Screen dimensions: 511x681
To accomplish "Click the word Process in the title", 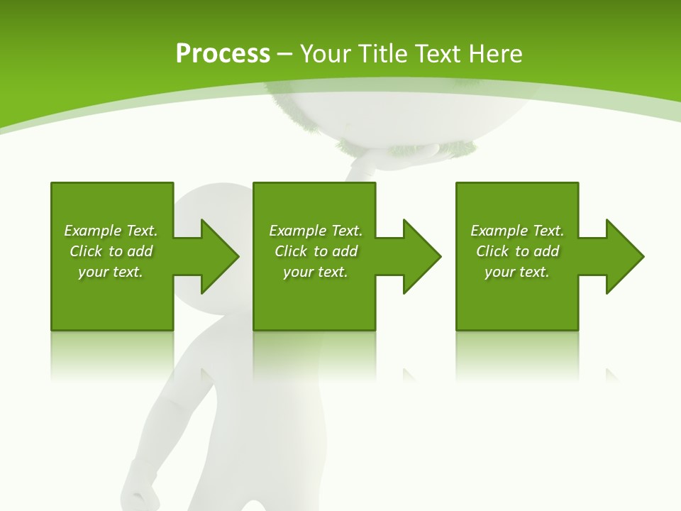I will (x=223, y=54).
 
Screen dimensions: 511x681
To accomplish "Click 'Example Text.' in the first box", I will (x=111, y=231).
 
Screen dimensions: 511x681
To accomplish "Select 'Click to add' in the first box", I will (x=111, y=251).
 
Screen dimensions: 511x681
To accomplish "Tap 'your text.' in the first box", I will (x=111, y=272).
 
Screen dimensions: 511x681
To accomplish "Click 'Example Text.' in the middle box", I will (x=316, y=231).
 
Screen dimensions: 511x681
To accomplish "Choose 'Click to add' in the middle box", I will (x=316, y=251).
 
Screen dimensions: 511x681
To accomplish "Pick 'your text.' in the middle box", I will (x=316, y=272).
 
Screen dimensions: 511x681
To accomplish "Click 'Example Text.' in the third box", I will (x=517, y=231).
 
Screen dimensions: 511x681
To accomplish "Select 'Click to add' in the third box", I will (x=517, y=251).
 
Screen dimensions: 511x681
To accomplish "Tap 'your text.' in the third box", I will (x=517, y=272).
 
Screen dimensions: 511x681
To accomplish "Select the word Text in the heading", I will (x=440, y=54).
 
